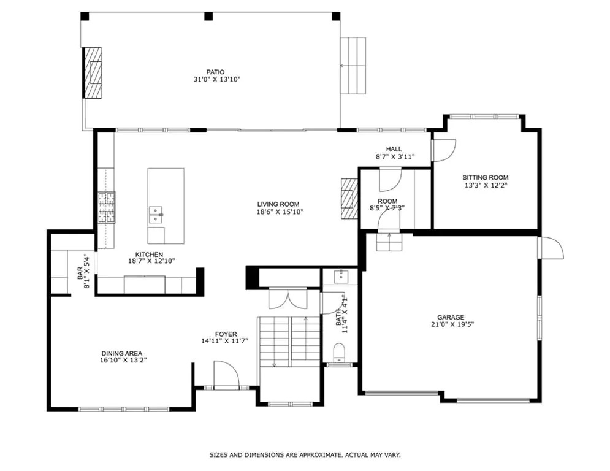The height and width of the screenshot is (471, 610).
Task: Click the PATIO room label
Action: (x=215, y=72)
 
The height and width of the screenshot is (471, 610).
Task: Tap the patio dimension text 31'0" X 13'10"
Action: (x=217, y=79)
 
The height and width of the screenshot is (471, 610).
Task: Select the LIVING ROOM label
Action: (x=278, y=204)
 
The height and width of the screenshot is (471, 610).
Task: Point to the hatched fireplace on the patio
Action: (x=93, y=73)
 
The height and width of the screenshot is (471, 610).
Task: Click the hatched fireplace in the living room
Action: (x=349, y=198)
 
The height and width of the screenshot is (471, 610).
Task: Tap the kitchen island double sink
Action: (x=156, y=215)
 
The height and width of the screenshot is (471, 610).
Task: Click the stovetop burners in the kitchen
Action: (x=106, y=208)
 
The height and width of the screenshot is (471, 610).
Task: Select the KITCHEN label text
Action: (x=150, y=255)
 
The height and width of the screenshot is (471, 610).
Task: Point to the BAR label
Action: (x=80, y=273)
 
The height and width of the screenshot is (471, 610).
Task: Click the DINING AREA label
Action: (x=122, y=353)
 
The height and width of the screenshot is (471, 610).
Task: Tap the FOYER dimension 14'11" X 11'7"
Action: (x=224, y=341)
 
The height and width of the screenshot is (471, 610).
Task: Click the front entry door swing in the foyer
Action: (x=226, y=375)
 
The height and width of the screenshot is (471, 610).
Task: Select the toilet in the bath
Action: (x=339, y=353)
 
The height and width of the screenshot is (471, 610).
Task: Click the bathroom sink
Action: (x=341, y=277)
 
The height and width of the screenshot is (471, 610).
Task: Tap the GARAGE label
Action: (x=451, y=317)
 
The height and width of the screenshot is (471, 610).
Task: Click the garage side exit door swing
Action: (x=551, y=248)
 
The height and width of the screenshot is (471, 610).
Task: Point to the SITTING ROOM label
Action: (x=485, y=177)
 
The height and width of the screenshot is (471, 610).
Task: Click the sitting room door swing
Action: (x=444, y=150)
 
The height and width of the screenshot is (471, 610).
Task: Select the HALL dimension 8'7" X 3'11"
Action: (x=395, y=157)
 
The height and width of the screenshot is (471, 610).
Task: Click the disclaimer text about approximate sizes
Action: (x=305, y=454)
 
